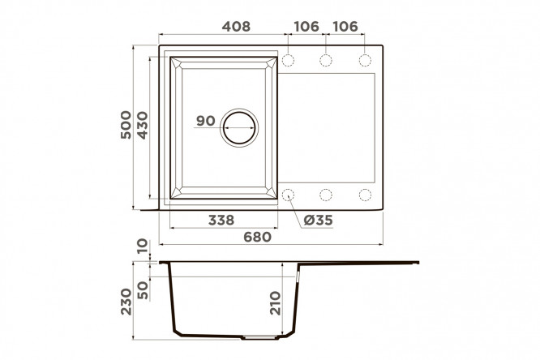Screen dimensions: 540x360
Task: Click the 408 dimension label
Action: coord(236,27)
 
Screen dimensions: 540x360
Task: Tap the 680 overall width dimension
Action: coord(258,237)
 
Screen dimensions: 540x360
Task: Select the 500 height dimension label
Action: coord(126,125)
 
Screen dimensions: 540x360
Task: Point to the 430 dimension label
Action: coord(142,125)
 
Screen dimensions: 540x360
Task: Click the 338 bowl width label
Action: coord(221,220)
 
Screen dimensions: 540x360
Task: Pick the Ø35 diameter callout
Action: coord(319,220)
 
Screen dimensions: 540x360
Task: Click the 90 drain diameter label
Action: coord(206,121)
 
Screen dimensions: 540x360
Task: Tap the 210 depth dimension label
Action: coord(276,303)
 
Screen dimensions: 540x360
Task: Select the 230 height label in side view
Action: coord(126,302)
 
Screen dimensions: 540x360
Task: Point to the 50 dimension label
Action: coord(142,290)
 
